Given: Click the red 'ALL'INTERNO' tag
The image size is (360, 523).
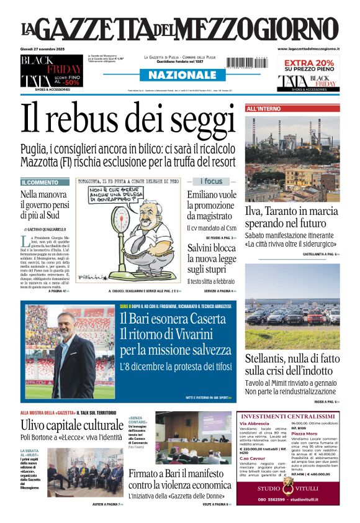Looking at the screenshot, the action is (264, 109).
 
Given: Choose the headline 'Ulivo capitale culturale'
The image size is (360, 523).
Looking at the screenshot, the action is (72, 425).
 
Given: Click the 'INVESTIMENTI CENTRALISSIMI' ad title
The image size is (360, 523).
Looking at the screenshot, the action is (287, 416).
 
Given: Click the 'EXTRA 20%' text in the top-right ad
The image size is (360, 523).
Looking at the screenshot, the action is (308, 63).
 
